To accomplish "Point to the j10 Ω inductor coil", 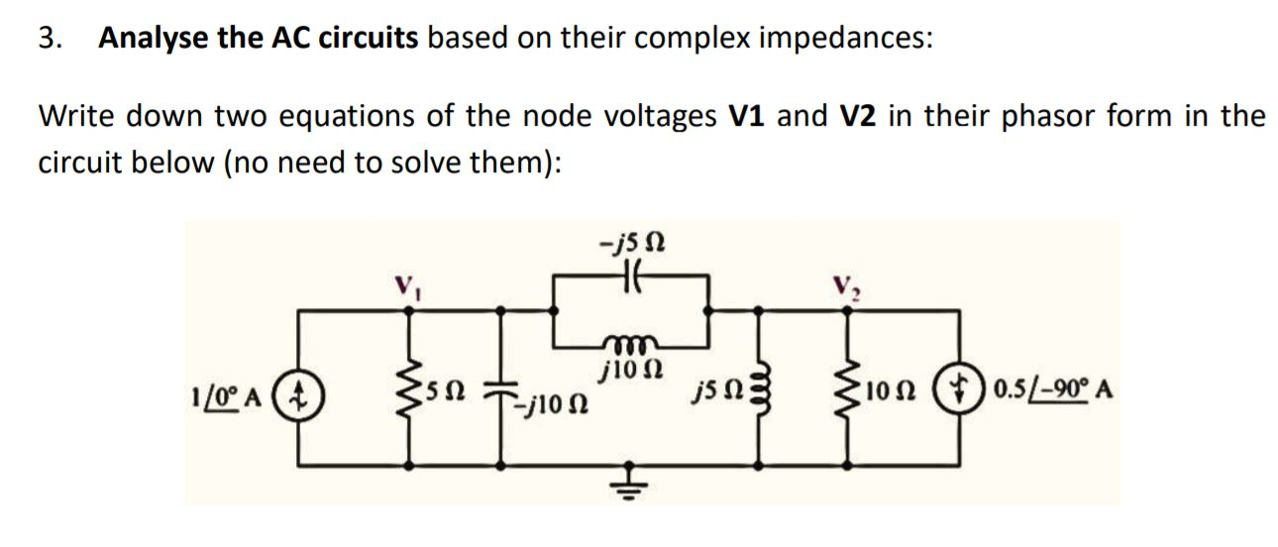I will [632, 344].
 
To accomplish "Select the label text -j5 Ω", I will [632, 241].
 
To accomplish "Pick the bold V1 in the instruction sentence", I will [749, 116].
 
